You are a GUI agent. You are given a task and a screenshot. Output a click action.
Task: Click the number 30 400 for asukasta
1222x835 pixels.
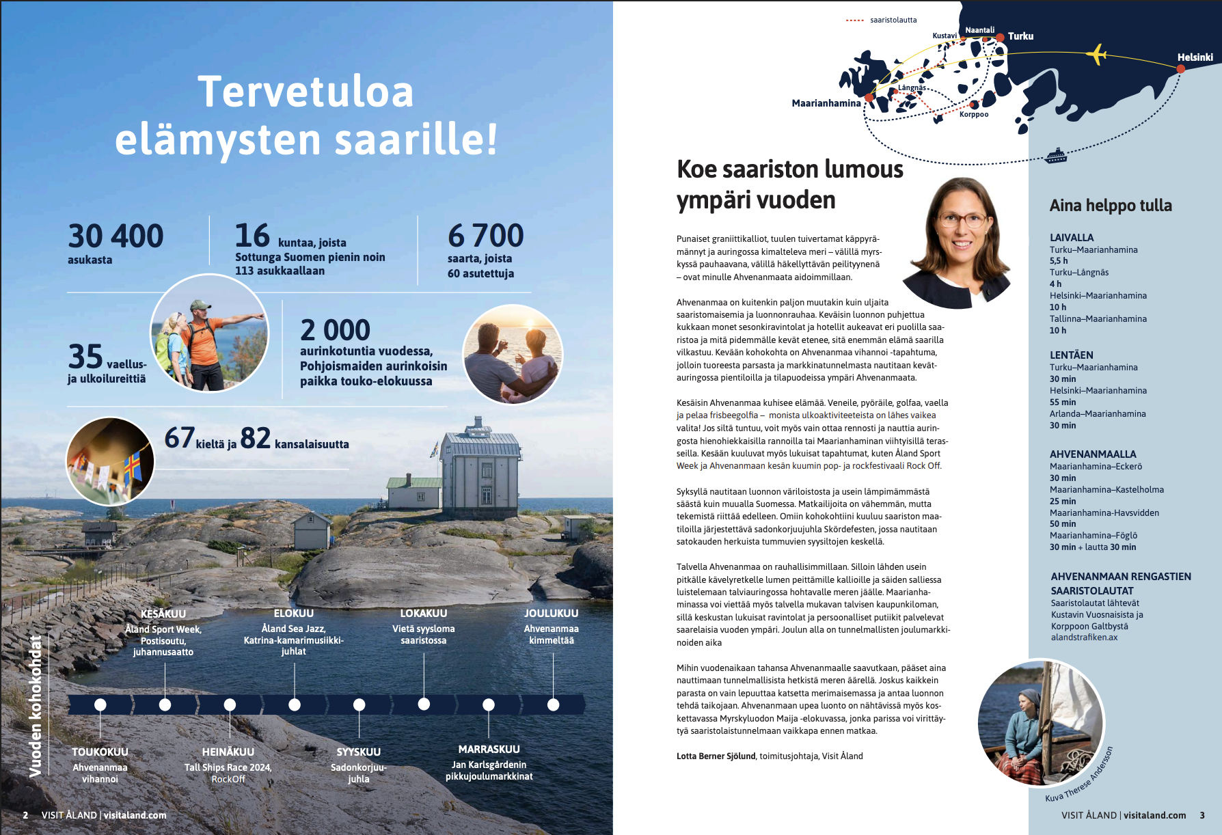click(116, 236)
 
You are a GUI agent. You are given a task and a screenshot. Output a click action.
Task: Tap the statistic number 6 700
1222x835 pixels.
click(485, 236)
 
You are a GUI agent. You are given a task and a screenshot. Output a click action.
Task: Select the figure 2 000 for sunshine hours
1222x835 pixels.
click(335, 331)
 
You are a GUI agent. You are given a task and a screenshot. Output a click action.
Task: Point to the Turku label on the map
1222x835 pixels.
click(1020, 36)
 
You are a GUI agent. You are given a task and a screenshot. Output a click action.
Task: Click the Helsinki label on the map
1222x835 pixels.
click(1195, 57)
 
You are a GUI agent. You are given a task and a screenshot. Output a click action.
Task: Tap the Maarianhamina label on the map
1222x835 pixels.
click(826, 103)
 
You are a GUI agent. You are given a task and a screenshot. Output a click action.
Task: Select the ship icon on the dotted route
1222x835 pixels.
click(1056, 156)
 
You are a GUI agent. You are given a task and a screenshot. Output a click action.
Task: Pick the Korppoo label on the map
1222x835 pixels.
click(973, 114)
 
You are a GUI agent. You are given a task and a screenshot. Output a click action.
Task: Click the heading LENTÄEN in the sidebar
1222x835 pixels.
click(1071, 355)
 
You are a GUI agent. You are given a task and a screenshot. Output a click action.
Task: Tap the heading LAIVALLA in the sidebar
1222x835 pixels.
click(1071, 238)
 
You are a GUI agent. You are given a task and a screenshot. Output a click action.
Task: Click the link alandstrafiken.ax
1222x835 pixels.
click(1084, 638)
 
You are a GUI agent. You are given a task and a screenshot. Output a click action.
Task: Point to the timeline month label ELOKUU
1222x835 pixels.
click(293, 614)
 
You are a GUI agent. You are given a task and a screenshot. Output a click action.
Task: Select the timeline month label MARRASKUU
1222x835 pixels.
click(489, 750)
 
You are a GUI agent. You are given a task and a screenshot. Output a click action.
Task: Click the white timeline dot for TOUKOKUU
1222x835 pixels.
click(100, 704)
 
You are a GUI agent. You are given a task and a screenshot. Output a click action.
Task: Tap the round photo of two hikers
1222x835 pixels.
click(209, 333)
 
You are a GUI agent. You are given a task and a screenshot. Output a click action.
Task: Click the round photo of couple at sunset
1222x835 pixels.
click(513, 354)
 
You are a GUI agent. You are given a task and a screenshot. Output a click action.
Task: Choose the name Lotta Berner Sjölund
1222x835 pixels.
click(716, 756)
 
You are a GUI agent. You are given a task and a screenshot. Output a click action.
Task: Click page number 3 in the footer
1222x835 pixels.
click(1202, 815)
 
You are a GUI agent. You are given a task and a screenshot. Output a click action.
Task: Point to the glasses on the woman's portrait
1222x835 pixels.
click(963, 220)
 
